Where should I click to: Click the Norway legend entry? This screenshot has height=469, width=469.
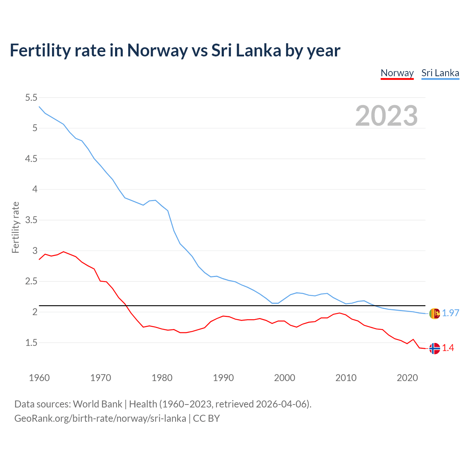click(x=397, y=73)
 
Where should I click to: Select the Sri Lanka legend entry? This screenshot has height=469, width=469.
click(x=440, y=73)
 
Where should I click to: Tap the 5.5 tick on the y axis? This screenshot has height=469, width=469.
click(x=31, y=97)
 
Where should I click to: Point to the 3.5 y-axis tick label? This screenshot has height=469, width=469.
click(x=31, y=220)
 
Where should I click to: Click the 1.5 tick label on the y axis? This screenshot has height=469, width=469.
click(x=31, y=343)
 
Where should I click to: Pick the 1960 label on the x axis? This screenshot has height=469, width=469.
click(x=39, y=378)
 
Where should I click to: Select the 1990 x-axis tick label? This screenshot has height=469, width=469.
click(x=223, y=378)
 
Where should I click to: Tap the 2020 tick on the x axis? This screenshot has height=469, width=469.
click(x=407, y=378)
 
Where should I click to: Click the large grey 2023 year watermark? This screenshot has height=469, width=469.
click(x=387, y=116)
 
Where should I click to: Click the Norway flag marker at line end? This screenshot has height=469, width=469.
click(x=435, y=348)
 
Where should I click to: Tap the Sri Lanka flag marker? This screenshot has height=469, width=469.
click(x=435, y=314)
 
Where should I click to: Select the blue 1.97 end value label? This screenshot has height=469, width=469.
click(x=450, y=313)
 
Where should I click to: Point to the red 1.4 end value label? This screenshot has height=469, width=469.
click(x=448, y=348)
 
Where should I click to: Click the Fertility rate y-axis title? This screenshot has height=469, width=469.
click(x=15, y=227)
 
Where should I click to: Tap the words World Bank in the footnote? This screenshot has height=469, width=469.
click(x=97, y=404)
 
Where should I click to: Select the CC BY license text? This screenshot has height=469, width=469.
click(x=206, y=418)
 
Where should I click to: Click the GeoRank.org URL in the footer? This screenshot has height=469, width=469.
click(x=100, y=418)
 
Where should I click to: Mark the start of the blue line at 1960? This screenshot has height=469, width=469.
click(x=39, y=107)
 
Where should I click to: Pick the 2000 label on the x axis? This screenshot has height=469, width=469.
click(x=284, y=378)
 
